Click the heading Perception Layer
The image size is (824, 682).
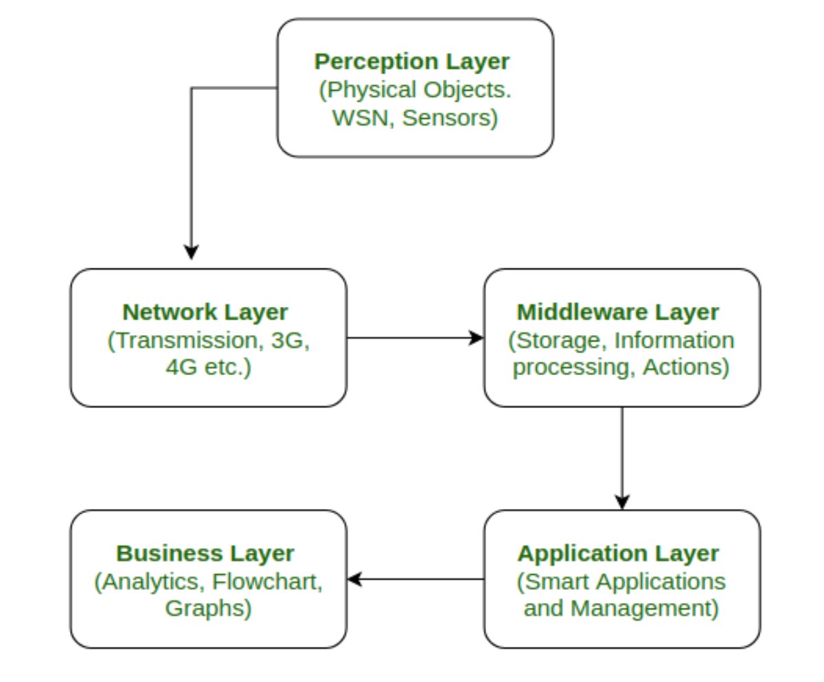click(x=412, y=61)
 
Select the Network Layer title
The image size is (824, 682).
click(x=205, y=312)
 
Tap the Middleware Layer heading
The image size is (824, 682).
click(x=618, y=312)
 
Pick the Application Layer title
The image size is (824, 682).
click(x=618, y=553)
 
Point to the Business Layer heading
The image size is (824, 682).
click(x=205, y=553)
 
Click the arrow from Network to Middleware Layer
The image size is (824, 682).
click(x=415, y=337)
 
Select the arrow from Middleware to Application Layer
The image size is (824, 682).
click(x=622, y=457)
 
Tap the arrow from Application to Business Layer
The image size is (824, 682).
click(x=415, y=579)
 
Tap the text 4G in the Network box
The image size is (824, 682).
click(x=181, y=367)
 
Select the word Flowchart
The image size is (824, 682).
click(x=267, y=581)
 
